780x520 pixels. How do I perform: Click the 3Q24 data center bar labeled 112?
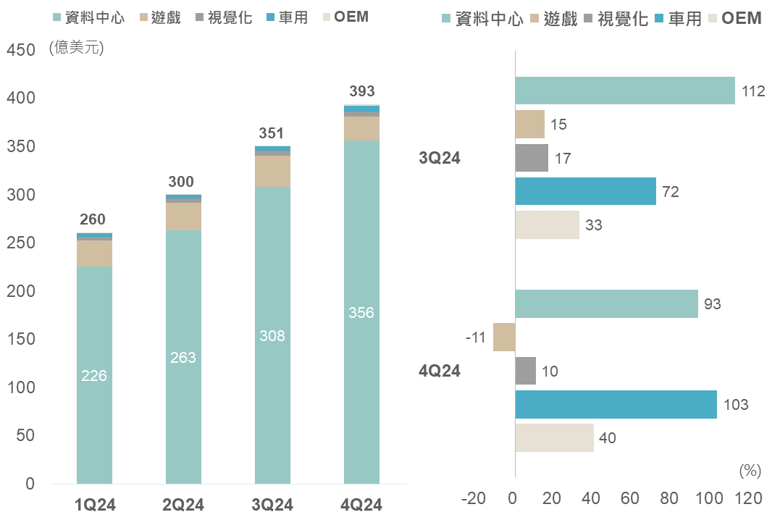click(x=624, y=91)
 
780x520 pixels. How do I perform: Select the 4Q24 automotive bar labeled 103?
click(x=616, y=405)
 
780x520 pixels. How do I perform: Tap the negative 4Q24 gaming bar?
click(x=504, y=337)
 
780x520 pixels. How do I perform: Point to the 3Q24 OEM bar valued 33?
click(x=547, y=225)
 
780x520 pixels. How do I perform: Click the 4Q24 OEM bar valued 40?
click(x=554, y=438)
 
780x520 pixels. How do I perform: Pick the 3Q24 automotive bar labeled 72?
click(x=585, y=192)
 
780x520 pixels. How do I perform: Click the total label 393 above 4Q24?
click(x=362, y=91)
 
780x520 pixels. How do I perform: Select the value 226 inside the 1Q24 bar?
click(x=94, y=376)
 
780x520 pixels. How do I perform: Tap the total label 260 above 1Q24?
click(x=93, y=219)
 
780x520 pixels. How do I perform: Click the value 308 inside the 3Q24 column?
click(x=272, y=336)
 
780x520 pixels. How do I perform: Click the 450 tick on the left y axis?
click(x=20, y=50)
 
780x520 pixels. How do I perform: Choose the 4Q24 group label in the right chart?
click(x=440, y=372)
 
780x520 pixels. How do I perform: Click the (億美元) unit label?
click(x=77, y=49)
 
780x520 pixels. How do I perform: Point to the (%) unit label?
click(x=750, y=471)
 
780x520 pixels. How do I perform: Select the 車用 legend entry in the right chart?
click(x=677, y=19)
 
